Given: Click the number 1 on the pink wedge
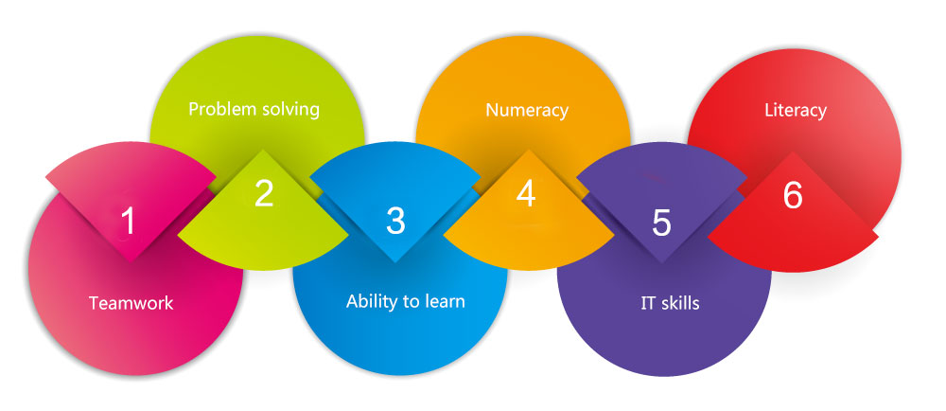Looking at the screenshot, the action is coord(128,221).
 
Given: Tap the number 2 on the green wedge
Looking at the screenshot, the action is coord(264,193).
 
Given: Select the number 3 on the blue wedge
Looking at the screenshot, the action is coord(395,221).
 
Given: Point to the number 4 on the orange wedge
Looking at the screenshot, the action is coord(526,194).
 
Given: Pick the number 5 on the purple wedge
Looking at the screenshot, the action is coord(661,223).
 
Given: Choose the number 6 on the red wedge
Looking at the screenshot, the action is coord(793,195).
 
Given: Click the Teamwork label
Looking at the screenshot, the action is coord(131,302).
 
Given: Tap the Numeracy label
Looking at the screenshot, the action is coord(527,111).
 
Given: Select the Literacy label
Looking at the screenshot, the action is coord(796,111).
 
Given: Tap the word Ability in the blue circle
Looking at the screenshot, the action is coord(369,301).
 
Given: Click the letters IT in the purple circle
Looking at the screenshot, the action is coord(648,302).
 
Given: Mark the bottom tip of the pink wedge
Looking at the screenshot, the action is coord(131,262).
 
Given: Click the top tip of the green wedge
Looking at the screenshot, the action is coord(262,150).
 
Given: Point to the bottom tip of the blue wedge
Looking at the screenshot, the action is coord(394,262).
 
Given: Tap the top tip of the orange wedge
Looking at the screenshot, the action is coord(529,150).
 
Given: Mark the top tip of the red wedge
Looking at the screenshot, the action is coord(793,152).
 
